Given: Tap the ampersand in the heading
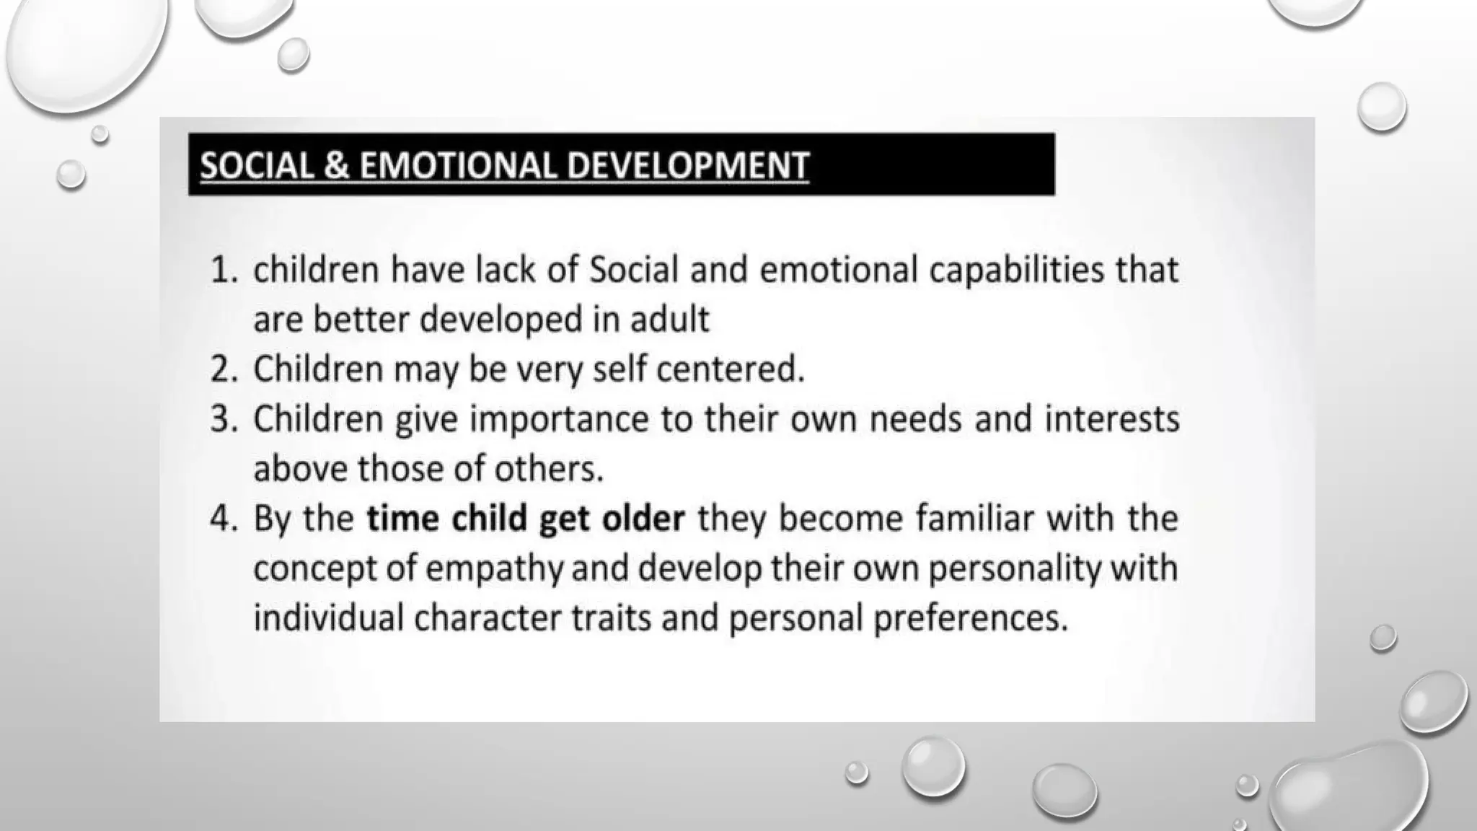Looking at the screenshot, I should (336, 165).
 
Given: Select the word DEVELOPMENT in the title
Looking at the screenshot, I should (687, 165).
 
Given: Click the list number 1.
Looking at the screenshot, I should (222, 271).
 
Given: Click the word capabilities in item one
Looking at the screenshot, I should (1016, 271).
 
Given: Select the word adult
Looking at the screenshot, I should (669, 320).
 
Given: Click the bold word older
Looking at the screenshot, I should (643, 519).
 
